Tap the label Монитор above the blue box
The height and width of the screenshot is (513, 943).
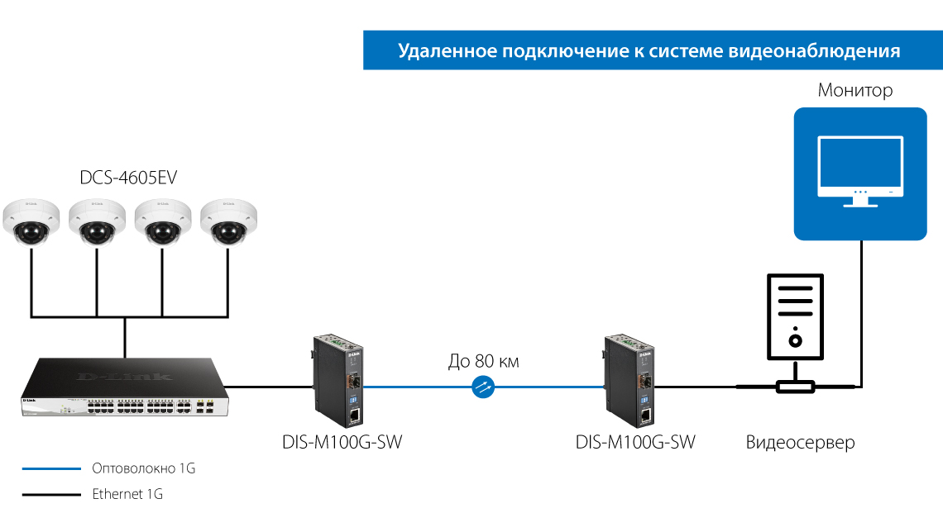point(855,90)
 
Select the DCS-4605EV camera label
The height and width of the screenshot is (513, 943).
point(128,178)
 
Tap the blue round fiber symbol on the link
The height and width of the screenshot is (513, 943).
point(483,386)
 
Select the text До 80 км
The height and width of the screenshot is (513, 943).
point(484,361)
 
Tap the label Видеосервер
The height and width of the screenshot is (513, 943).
point(800,443)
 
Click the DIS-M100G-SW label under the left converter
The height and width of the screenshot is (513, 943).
point(342,443)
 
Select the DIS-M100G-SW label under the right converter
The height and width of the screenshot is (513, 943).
point(635,443)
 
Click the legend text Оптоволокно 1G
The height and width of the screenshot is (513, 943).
point(143,468)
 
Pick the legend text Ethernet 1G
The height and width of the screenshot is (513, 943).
point(127,495)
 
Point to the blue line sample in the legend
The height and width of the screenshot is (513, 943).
point(51,468)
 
